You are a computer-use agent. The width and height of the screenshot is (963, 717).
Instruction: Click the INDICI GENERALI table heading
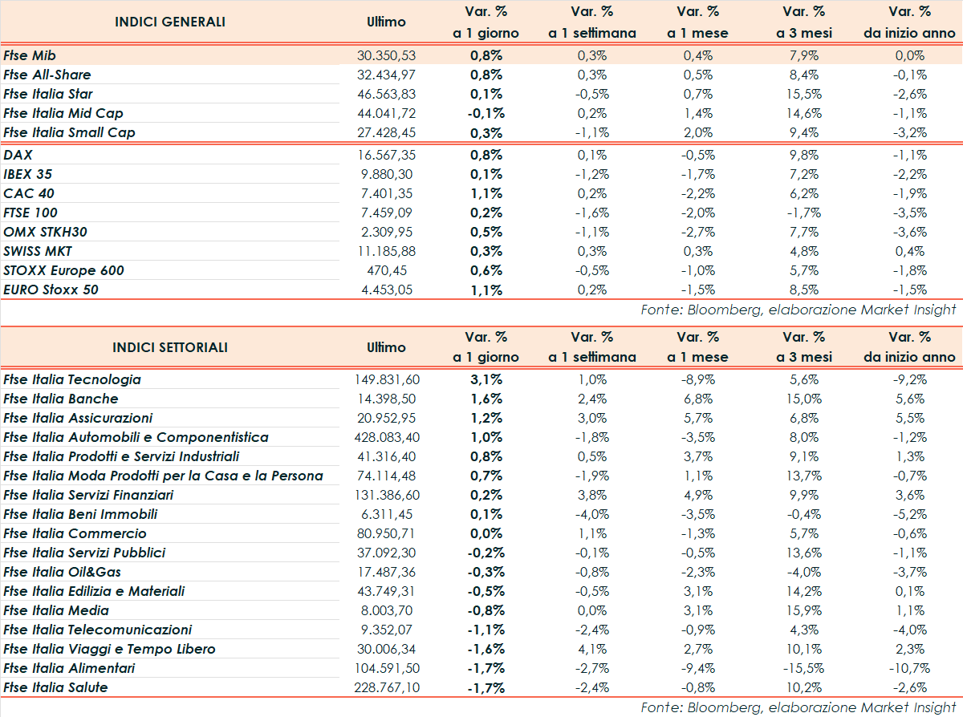170,22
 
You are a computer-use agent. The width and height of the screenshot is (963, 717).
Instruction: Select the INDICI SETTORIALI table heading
170,347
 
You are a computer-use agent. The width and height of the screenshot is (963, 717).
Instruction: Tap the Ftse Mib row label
30,55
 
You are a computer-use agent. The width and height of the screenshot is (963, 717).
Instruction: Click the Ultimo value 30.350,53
387,55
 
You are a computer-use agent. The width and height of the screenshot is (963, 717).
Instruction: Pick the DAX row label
18,155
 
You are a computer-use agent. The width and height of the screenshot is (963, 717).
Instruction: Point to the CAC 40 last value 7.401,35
387,193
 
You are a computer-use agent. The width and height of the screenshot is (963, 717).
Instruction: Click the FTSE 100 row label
30,213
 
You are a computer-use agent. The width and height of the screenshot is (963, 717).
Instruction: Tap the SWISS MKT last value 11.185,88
387,251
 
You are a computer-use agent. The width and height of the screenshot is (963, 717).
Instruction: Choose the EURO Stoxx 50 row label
51,290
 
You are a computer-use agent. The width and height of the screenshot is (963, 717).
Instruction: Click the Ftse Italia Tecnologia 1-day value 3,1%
486,379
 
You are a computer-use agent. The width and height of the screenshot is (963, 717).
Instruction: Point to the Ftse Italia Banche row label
61,399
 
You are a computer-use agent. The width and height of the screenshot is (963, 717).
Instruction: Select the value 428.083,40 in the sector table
387,437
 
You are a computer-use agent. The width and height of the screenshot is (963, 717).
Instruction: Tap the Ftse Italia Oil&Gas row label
63,572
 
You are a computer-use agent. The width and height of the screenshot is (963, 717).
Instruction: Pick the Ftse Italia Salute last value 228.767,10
387,687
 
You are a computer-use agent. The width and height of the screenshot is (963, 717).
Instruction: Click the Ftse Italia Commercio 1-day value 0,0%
486,533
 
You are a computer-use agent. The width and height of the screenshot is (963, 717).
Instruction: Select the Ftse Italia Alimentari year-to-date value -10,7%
909,668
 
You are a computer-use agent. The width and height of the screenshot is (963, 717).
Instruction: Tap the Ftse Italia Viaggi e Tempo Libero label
110,649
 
